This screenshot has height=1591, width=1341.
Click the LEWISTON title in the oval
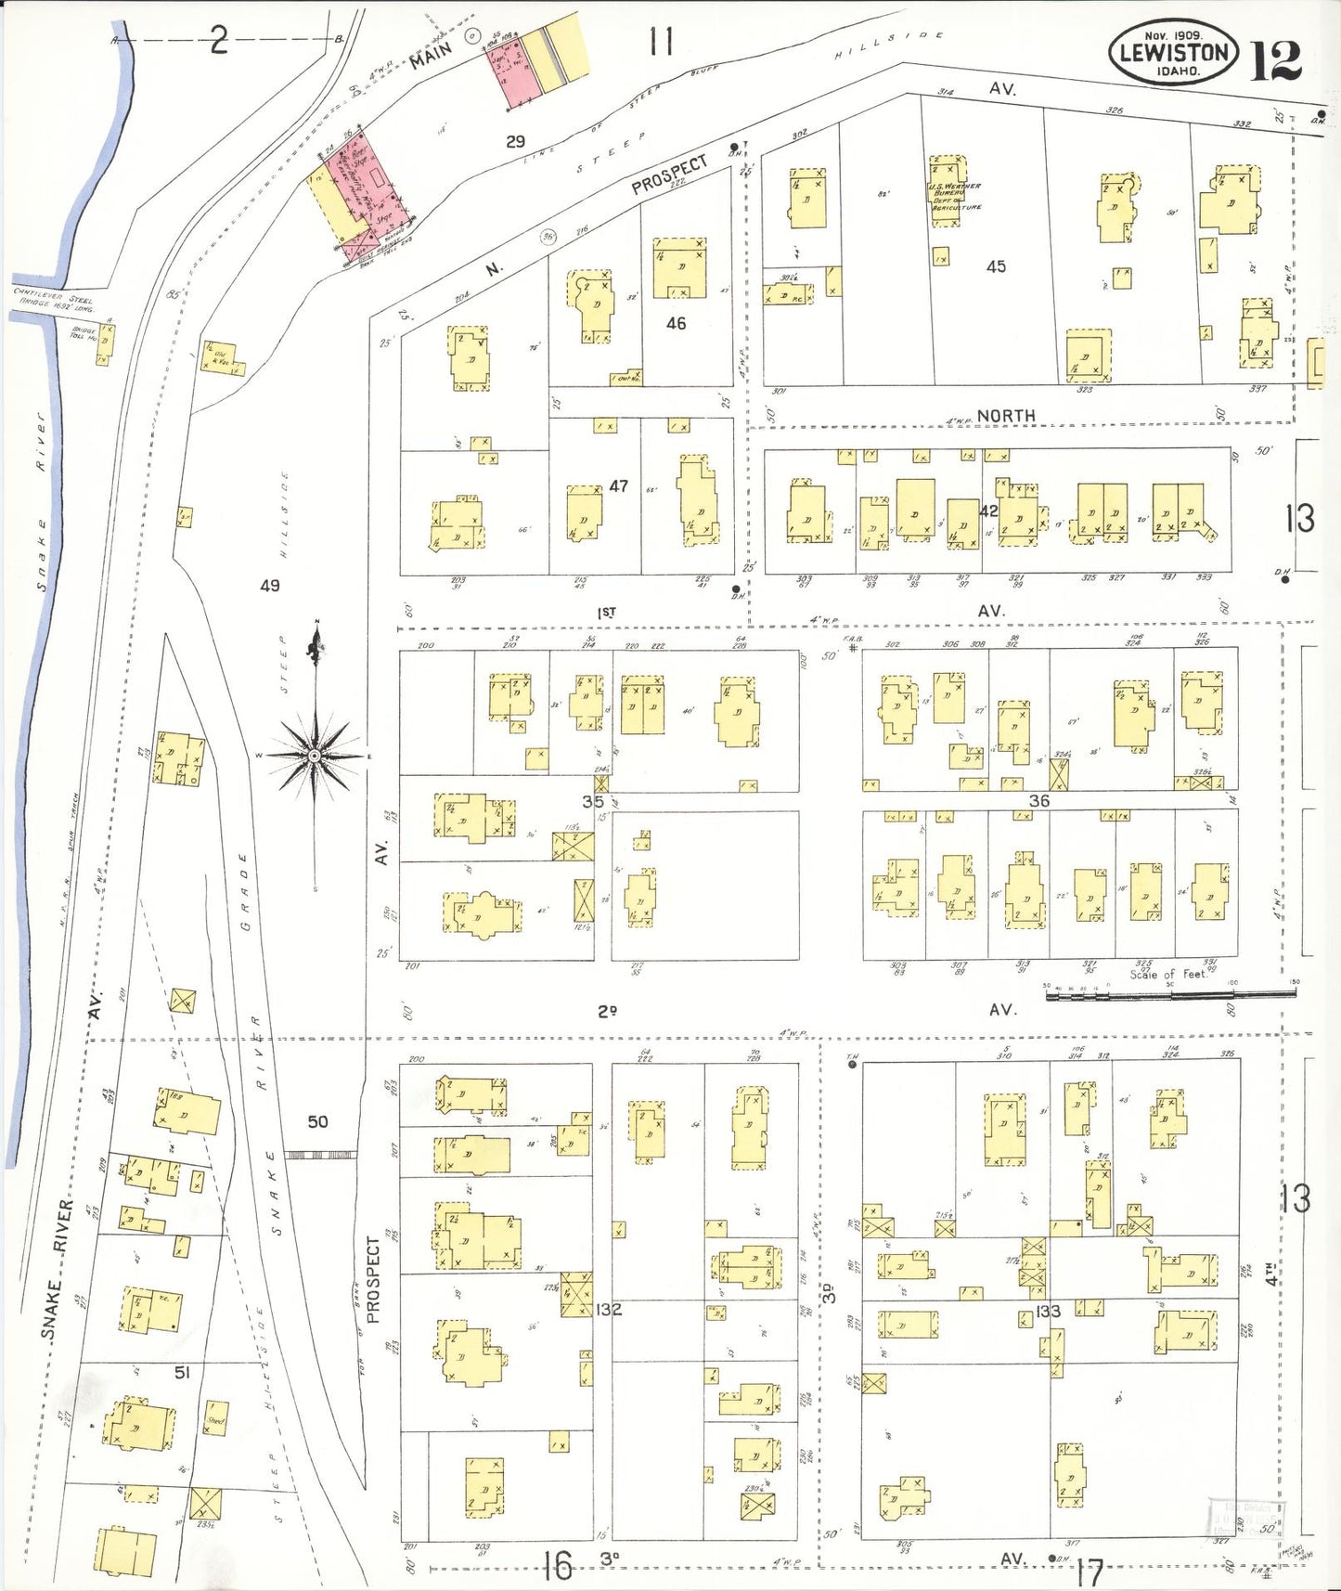tap(1174, 52)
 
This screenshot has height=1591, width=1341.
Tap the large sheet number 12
tap(1277, 60)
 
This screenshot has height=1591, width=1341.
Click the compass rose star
tap(316, 756)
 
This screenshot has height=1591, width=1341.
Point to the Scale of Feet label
tap(1168, 974)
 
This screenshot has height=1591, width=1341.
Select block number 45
tap(996, 266)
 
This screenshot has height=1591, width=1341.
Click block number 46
tap(676, 323)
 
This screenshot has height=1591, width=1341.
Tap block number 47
tap(619, 485)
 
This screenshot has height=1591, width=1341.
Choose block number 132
tap(610, 1310)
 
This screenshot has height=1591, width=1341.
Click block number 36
tap(1038, 800)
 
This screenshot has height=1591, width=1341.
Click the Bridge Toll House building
tap(103, 341)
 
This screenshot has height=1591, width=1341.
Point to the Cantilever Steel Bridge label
tap(53, 302)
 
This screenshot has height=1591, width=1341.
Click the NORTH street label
tap(1006, 416)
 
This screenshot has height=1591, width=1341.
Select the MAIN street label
tap(431, 54)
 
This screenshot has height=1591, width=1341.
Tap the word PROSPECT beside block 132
tap(374, 1278)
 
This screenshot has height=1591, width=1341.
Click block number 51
tap(182, 1371)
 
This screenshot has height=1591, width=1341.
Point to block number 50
tap(317, 1121)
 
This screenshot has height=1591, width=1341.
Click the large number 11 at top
tap(661, 42)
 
